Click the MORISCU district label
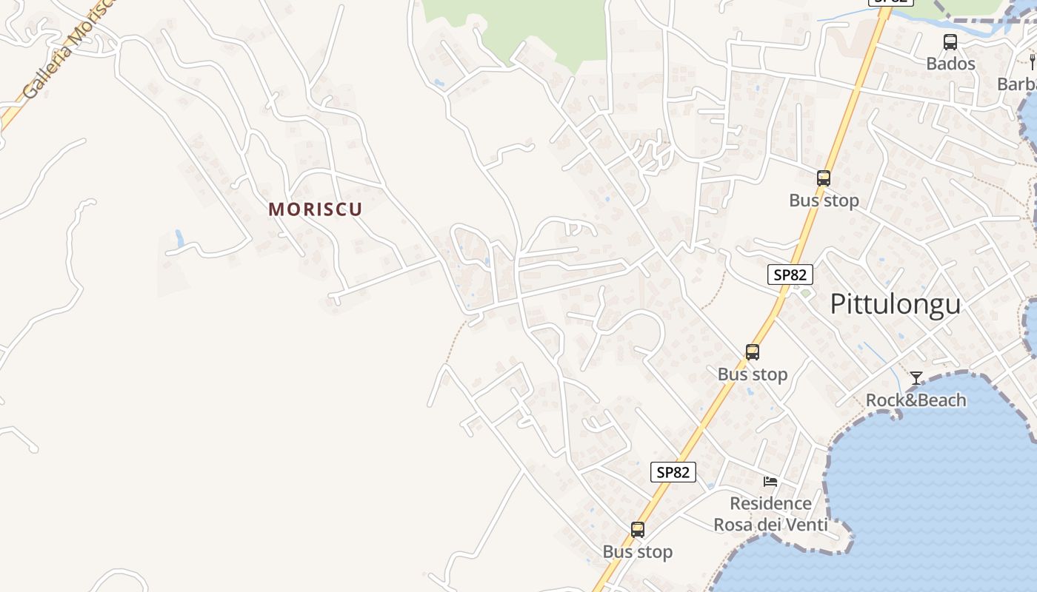[316, 209]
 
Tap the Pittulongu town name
[895, 304]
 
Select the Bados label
[950, 64]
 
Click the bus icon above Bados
[950, 42]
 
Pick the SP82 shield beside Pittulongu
[790, 275]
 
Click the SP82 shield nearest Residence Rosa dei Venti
[673, 472]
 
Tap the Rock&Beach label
[916, 400]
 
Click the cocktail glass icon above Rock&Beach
[916, 378]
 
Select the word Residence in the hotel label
[770, 504]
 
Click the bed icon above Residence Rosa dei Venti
[770, 482]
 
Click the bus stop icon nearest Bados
[824, 178]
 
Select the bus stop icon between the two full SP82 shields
[753, 352]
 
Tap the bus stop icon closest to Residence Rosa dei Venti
[638, 530]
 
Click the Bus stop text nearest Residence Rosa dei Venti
[637, 552]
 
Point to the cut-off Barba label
[1016, 84]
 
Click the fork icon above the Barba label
[1032, 61]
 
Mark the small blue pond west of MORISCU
[179, 238]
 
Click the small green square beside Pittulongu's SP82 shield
[805, 294]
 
